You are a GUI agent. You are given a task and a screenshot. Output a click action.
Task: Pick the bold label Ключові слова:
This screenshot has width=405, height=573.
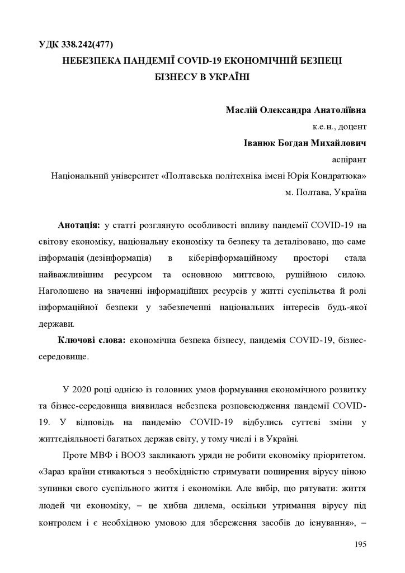point(92,340)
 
